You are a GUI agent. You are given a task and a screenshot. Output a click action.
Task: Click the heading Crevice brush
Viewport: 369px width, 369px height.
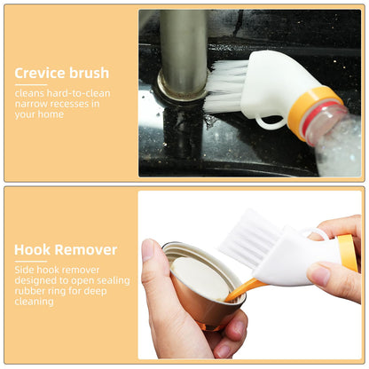coord(62,73)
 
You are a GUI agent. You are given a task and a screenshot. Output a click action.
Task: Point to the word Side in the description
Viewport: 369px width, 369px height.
coord(25,270)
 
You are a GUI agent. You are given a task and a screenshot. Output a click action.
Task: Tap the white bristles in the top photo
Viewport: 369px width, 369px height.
coord(225,85)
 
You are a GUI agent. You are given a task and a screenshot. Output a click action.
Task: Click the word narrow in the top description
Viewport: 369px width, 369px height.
coord(32,104)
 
